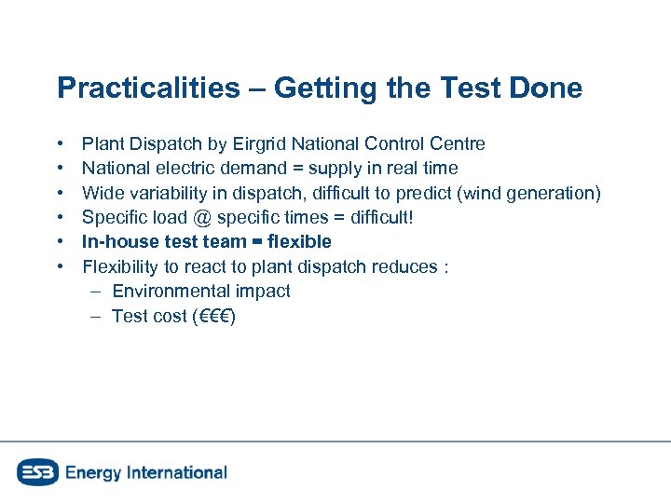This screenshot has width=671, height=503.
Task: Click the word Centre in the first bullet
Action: point(458,143)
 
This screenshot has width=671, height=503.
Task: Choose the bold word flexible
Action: point(297,242)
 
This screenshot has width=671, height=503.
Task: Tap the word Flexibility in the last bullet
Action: point(121,266)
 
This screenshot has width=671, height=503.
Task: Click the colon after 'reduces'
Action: point(447,267)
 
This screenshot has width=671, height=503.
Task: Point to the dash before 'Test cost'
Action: point(96,316)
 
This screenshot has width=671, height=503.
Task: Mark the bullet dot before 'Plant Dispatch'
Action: point(60,144)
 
